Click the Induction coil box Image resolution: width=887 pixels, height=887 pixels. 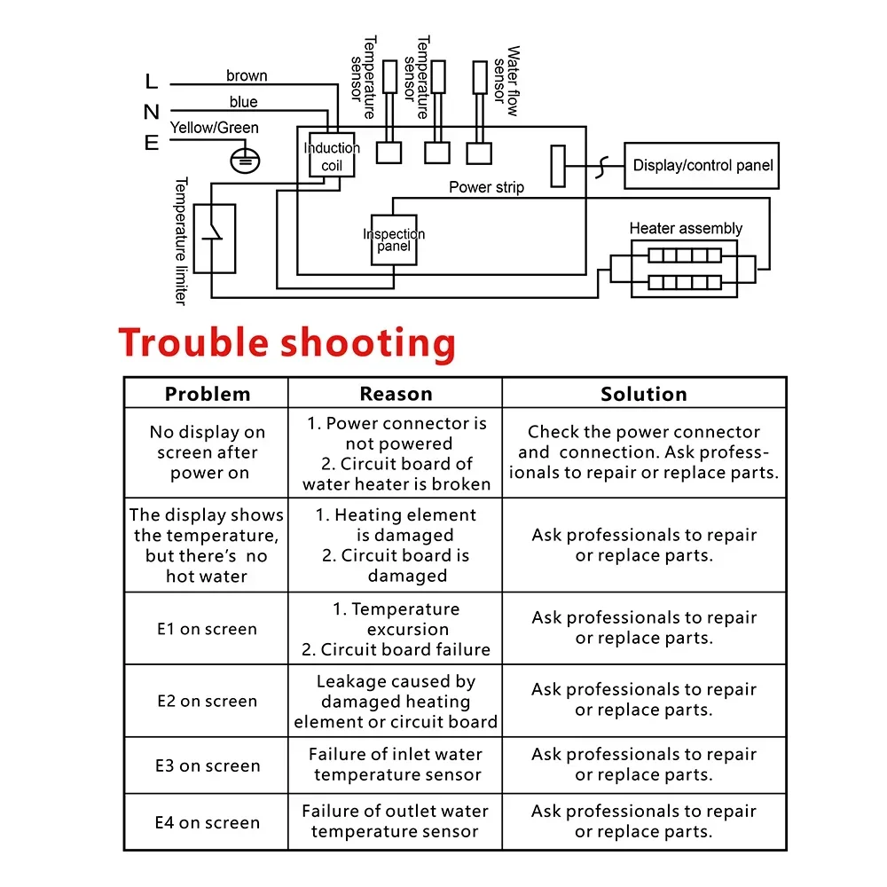332,156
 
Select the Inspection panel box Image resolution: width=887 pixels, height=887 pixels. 394,239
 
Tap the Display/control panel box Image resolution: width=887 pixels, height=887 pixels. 702,165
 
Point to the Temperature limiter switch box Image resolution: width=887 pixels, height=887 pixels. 215,238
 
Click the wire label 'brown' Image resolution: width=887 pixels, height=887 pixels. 247,76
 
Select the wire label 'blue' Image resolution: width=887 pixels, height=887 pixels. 244,102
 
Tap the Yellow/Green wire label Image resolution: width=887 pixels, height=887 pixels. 215,128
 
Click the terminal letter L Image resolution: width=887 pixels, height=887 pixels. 151,82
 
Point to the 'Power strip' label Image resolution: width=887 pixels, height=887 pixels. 486,187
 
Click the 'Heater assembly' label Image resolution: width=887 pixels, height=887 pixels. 686,228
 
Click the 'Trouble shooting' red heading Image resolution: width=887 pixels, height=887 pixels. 287,343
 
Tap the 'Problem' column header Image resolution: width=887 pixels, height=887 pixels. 208,394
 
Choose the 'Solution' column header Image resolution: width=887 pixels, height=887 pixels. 644,394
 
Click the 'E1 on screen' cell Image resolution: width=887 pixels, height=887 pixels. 207,629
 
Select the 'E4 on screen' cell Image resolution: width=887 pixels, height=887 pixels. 207,822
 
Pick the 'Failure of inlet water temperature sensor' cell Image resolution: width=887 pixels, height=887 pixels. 396,765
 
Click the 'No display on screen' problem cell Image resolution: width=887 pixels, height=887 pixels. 208,452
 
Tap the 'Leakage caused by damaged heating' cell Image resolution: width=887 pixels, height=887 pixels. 396,702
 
